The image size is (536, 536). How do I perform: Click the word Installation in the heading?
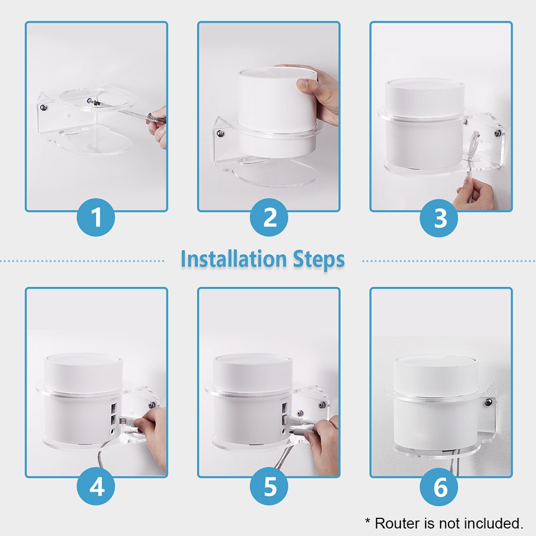click(234, 259)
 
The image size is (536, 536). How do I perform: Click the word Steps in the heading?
click(318, 259)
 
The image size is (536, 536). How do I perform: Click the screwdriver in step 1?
click(134, 113)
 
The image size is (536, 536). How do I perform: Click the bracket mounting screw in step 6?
click(488, 402)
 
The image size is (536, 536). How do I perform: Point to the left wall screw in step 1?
click(43, 108)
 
